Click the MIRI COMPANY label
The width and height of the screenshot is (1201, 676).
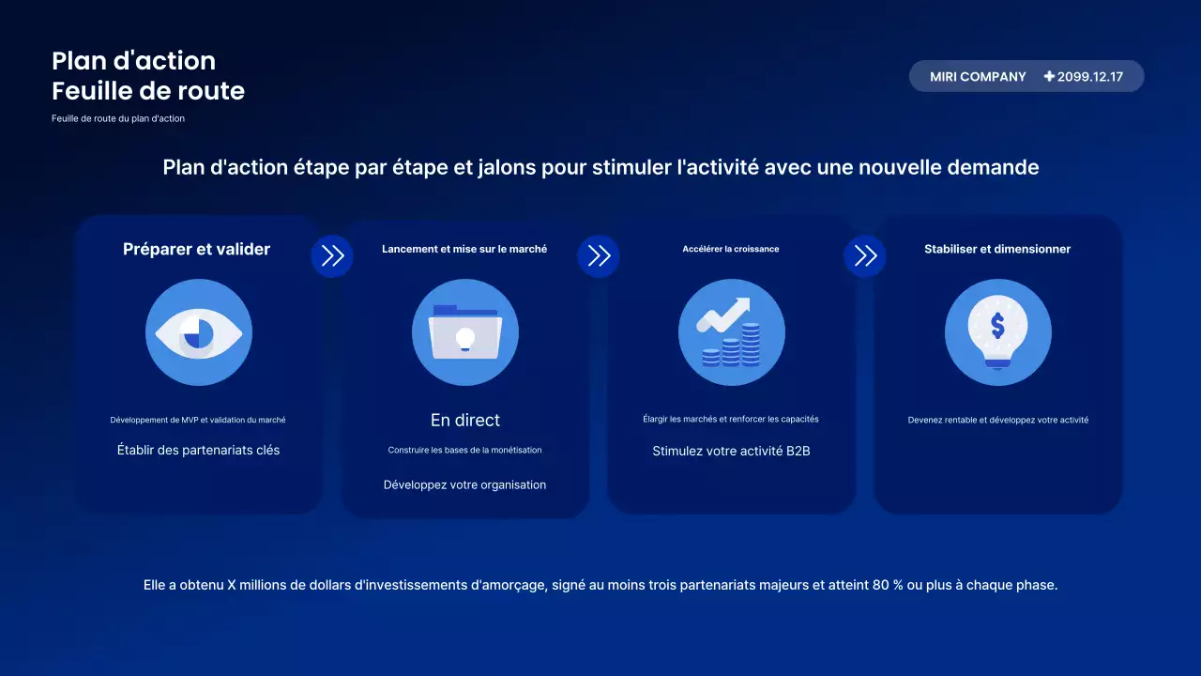pyautogui.click(x=978, y=77)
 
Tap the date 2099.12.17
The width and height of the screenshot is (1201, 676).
pyautogui.click(x=1090, y=77)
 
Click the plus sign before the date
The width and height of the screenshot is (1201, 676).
pyautogui.click(x=1049, y=77)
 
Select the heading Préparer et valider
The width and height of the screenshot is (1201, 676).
pyautogui.click(x=196, y=249)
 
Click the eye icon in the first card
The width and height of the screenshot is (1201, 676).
pyautogui.click(x=199, y=332)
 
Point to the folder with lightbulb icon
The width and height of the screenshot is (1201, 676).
pyautogui.click(x=465, y=332)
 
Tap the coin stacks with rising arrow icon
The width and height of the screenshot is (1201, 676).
pyautogui.click(x=732, y=332)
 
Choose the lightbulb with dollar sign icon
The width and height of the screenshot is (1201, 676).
pyautogui.click(x=997, y=332)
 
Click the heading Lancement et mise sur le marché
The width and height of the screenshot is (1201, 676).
pyautogui.click(x=464, y=249)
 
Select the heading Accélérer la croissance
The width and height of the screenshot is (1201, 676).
pyautogui.click(x=731, y=249)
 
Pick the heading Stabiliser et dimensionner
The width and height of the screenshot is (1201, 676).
pyautogui.click(x=997, y=249)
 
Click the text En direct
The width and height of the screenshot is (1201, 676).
pyautogui.click(x=465, y=420)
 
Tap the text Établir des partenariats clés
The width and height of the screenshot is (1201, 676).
pyautogui.click(x=198, y=450)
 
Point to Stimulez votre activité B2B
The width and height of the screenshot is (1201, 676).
pyautogui.click(x=731, y=451)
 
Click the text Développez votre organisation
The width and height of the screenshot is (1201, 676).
pyautogui.click(x=464, y=484)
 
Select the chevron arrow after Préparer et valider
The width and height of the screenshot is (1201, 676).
pyautogui.click(x=332, y=256)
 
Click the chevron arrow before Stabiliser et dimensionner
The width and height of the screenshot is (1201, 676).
pyautogui.click(x=865, y=256)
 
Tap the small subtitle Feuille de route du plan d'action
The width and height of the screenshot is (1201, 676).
pyautogui.click(x=118, y=118)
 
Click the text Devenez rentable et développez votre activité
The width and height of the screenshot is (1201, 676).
pyautogui.click(x=997, y=420)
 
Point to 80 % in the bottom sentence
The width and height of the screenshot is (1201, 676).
pyautogui.click(x=888, y=585)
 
